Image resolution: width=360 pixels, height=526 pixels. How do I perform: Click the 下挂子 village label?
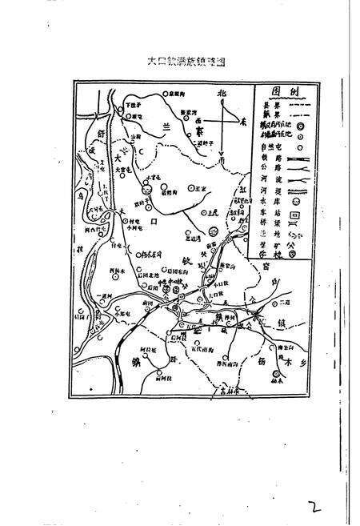[x=134, y=105]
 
